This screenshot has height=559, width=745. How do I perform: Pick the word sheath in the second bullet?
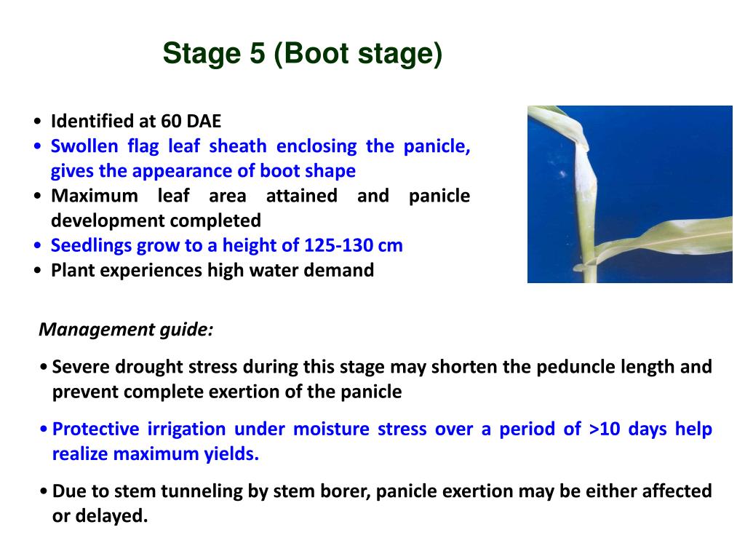click(238, 146)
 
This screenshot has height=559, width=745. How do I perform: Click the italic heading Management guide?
click(126, 330)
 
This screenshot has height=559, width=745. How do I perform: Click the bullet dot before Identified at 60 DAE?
click(37, 122)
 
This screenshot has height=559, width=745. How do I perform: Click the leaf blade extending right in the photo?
click(669, 240)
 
